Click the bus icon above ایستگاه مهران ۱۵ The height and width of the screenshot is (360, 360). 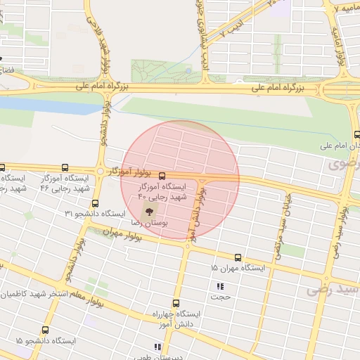[x=238, y=258]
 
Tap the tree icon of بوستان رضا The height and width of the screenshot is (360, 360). [x=149, y=210]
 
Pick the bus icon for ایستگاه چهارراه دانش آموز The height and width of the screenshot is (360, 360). [x=176, y=302]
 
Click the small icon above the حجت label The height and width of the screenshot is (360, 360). [x=219, y=286]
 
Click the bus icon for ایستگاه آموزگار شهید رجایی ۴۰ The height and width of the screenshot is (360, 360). [x=162, y=176]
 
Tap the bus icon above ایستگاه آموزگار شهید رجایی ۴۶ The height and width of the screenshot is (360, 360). [x=65, y=168]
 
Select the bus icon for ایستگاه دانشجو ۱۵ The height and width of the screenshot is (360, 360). [x=46, y=330]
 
